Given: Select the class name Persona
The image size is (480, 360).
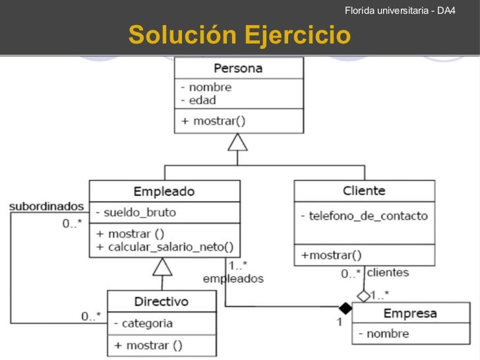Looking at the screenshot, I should pos(238,69).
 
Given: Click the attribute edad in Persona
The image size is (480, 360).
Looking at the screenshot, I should pos(202,100).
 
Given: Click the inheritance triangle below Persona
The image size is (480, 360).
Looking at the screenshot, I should pos(237,141).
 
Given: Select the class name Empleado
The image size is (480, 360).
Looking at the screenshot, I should pos(164,191).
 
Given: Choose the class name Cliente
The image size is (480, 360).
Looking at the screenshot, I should pos(364,191).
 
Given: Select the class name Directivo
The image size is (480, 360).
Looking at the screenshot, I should pos(161,301).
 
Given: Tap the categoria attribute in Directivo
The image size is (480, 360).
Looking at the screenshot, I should pos(147,323).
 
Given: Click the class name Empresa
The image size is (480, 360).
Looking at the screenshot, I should pos(409,313).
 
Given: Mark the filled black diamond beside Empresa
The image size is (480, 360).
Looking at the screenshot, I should pos(344,308).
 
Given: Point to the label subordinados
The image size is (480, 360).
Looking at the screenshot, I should pos(46,206).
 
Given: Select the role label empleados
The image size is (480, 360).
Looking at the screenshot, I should pos(233,278).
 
